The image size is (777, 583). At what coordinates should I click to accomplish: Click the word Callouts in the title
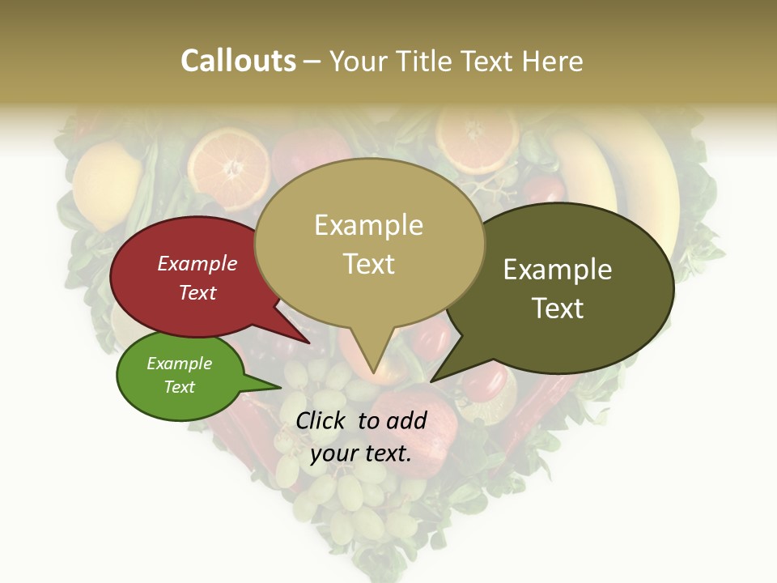tap(238, 61)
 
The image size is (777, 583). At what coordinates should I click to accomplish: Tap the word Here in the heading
tap(554, 61)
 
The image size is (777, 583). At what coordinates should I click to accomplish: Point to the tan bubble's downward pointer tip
tap(373, 373)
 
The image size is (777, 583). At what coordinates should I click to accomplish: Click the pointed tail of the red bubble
tap(308, 342)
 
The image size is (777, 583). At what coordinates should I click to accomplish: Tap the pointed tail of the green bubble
tap(279, 388)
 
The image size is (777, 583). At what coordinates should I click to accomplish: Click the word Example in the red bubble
tap(197, 264)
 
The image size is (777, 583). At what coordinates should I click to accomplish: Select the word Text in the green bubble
tap(180, 387)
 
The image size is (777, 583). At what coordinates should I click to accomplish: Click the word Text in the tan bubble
tap(369, 264)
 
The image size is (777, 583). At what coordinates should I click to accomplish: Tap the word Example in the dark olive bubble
tap(558, 270)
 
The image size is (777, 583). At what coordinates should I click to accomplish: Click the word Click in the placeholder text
tap(323, 420)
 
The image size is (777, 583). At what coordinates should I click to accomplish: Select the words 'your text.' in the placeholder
tap(361, 453)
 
